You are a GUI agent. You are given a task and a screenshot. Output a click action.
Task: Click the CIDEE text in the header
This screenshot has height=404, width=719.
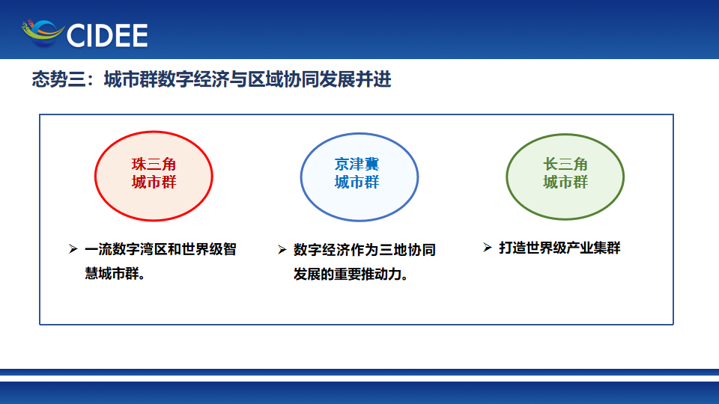(107, 35)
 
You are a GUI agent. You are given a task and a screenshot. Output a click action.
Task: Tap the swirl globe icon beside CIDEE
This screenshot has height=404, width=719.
(43, 34)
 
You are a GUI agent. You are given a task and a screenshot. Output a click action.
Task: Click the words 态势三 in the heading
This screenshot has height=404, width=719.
(58, 79)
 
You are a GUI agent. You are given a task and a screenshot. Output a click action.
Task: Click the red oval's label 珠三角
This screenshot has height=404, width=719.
(154, 164)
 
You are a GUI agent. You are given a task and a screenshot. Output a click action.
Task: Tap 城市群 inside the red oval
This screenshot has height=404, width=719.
(154, 182)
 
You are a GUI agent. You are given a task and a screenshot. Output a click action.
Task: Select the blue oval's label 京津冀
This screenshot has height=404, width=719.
(357, 164)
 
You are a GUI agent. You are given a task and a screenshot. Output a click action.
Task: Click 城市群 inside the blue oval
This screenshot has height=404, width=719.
(357, 182)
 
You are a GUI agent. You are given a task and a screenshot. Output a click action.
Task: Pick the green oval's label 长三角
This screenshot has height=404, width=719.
(565, 164)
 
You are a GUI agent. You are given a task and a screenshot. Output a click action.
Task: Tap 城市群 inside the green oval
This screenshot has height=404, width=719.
(565, 182)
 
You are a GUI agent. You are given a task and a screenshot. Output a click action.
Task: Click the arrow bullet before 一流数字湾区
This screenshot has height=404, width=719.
(73, 248)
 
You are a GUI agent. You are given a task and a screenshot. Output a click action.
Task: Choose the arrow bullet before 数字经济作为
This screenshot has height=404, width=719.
(282, 250)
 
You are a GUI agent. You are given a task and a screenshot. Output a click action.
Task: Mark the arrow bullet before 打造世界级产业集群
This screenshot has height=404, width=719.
(488, 248)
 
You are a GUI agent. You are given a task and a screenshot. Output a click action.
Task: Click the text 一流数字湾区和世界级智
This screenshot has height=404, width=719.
(160, 249)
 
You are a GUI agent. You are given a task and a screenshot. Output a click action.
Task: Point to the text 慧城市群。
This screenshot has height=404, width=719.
(115, 274)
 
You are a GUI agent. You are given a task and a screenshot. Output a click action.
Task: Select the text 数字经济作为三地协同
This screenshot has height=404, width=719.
(365, 250)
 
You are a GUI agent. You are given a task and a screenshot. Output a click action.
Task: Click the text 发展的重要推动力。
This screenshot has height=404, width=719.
(351, 275)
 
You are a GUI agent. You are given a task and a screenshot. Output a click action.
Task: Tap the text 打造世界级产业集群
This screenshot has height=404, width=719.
(559, 248)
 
